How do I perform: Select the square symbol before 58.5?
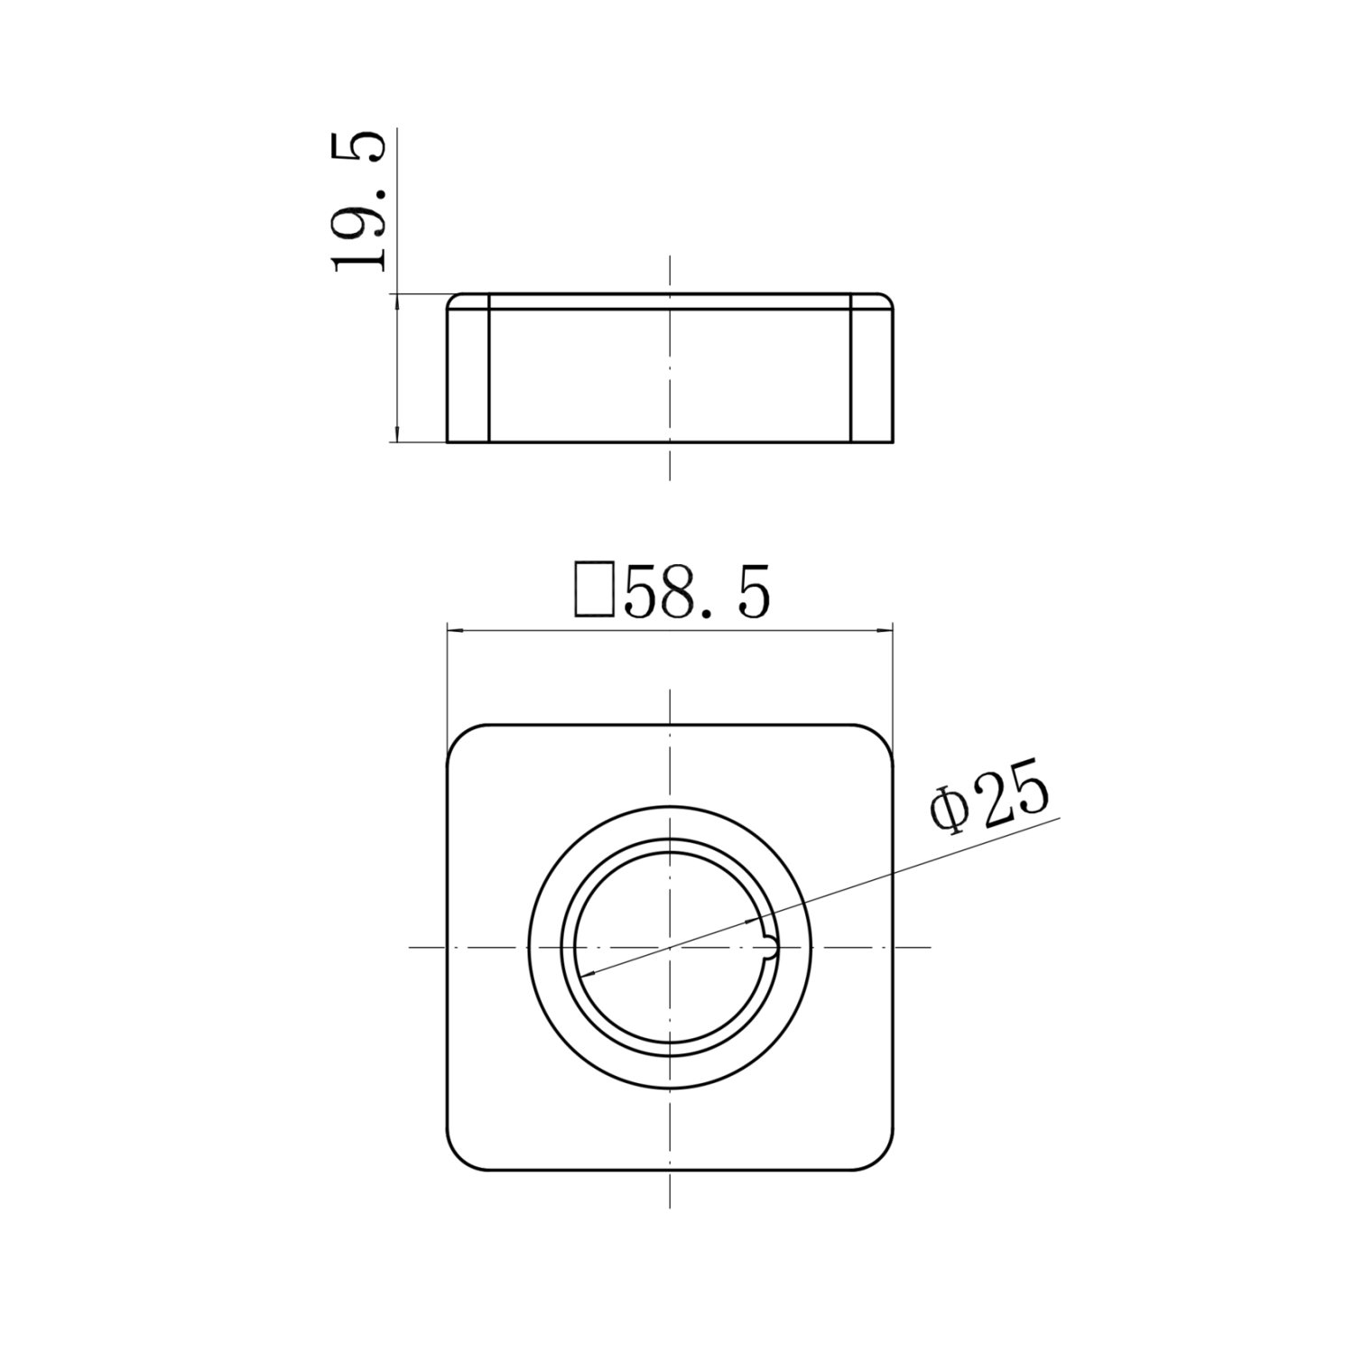point(595,589)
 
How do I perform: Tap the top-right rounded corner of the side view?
point(888,299)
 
